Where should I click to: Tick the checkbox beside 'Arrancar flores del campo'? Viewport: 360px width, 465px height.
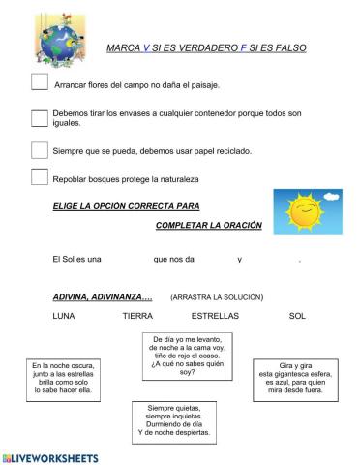click(x=40, y=82)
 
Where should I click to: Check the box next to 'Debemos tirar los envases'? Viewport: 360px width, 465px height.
click(x=40, y=117)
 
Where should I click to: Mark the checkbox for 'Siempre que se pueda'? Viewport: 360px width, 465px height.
click(x=40, y=150)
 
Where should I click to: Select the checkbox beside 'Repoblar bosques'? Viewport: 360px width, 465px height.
click(x=40, y=177)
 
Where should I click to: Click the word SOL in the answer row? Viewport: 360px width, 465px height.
click(x=297, y=316)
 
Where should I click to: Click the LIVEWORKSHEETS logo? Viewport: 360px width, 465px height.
click(x=51, y=456)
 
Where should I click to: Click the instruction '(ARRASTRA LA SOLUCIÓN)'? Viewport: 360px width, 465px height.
click(x=216, y=296)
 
